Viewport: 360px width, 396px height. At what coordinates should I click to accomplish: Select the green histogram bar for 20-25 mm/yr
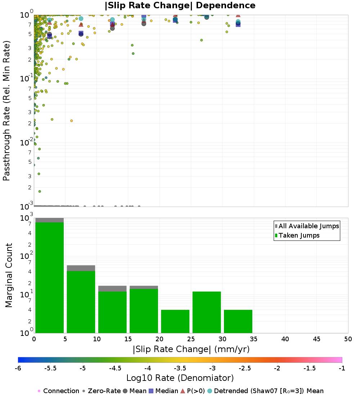click(x=175, y=321)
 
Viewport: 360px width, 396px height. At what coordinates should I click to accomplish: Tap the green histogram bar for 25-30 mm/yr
click(x=207, y=312)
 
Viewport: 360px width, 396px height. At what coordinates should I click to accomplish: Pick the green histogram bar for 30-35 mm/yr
click(x=238, y=321)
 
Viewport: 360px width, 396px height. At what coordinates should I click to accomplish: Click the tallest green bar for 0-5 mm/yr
click(x=49, y=277)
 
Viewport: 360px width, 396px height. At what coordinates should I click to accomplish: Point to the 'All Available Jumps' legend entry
click(x=307, y=226)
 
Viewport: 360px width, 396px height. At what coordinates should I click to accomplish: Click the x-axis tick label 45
click(x=316, y=339)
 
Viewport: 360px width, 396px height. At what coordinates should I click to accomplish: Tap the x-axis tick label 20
click(x=159, y=339)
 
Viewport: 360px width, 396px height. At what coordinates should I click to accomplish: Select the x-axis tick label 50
click(x=348, y=339)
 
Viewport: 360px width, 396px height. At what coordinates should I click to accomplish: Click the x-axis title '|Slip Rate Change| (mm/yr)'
click(x=191, y=349)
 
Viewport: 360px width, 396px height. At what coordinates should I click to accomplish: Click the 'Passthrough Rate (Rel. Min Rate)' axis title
click(x=6, y=110)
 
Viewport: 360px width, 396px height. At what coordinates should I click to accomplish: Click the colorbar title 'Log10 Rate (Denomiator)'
click(x=180, y=378)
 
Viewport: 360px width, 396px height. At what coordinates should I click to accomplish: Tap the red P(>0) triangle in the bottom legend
click(x=183, y=391)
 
